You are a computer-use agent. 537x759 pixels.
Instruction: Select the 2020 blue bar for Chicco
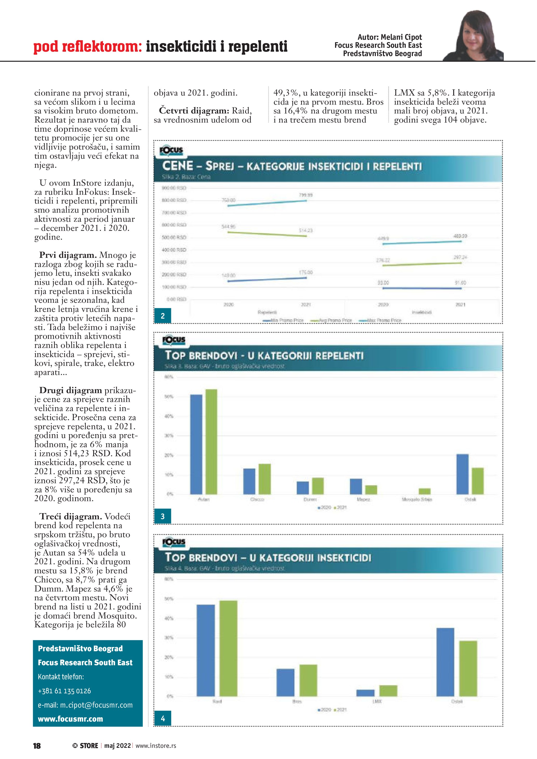(249, 481)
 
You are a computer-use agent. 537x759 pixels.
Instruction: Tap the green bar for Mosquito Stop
(425, 491)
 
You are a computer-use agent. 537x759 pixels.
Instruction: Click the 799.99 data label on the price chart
(306, 195)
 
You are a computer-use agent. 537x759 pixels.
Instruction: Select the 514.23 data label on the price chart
(306, 230)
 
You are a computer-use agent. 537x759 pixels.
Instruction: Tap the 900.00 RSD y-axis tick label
(174, 188)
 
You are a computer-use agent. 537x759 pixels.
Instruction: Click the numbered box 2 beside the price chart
(162, 316)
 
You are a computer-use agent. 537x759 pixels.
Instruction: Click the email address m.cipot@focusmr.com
(85, 705)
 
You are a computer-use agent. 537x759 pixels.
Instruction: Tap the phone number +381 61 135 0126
(64, 691)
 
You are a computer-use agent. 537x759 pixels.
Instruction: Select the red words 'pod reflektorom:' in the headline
(88, 47)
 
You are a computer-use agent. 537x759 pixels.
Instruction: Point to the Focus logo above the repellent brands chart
(174, 340)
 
